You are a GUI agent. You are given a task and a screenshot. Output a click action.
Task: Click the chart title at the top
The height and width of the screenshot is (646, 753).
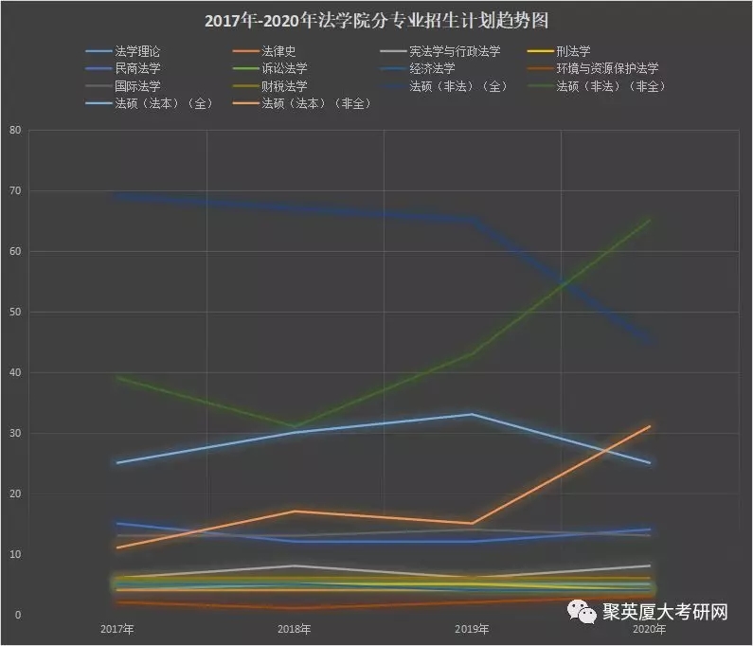[377, 20]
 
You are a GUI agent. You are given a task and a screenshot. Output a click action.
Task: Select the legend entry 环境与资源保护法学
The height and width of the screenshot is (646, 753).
[608, 68]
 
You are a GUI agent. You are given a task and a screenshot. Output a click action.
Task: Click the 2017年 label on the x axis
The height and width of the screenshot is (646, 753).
[117, 629]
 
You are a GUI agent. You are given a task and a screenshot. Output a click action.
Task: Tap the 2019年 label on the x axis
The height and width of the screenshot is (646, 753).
[472, 629]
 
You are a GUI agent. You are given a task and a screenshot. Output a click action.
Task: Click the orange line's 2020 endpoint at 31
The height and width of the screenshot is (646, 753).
[650, 427]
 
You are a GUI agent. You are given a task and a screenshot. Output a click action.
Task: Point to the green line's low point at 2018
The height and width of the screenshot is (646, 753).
[294, 427]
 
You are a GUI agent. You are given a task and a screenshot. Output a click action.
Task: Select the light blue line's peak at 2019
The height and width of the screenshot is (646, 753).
[472, 414]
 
